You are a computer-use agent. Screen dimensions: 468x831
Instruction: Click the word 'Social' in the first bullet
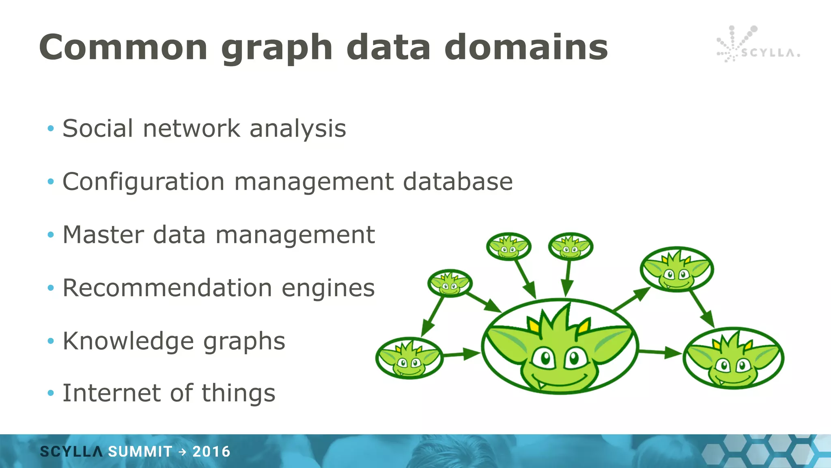pos(98,128)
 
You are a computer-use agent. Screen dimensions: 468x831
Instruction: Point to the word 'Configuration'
pos(143,182)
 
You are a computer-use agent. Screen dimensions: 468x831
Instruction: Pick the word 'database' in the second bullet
pos(458,182)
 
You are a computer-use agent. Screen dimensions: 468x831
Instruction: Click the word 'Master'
pos(103,235)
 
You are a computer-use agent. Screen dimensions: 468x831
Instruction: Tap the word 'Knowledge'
pos(128,341)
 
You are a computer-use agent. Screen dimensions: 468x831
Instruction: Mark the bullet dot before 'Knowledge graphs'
pos(51,341)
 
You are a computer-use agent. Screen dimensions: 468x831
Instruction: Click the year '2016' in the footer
pos(211,452)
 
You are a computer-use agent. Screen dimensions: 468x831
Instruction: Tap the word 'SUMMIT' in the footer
pos(140,452)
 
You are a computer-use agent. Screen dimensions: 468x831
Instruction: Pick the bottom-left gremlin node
pos(409,358)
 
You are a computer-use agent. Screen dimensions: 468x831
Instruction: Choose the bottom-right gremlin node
pos(733,358)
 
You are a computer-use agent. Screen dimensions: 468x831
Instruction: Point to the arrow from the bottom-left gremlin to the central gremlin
pos(462,355)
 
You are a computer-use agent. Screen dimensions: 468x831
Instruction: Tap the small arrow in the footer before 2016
pos(182,452)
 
